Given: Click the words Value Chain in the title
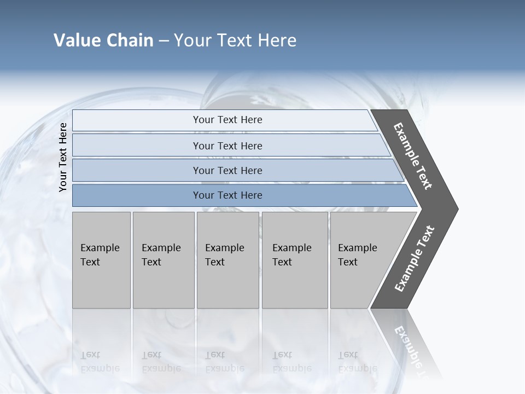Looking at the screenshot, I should click(x=103, y=40).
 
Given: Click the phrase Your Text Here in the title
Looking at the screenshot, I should click(x=235, y=40).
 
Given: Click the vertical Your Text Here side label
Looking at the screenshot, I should click(x=63, y=157).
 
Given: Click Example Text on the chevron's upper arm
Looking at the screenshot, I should click(x=413, y=156).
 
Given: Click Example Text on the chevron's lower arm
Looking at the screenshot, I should click(x=414, y=259).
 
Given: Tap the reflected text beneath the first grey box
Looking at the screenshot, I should click(x=100, y=362).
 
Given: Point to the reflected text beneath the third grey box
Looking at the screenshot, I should click(x=224, y=362).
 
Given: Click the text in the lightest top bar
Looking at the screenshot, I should click(x=227, y=120).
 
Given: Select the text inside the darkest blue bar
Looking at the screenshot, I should click(x=227, y=195).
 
